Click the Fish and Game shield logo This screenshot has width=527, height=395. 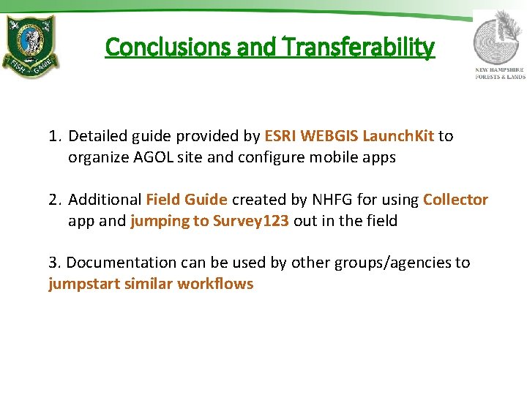click(x=31, y=46)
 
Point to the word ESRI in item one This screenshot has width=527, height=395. click(x=280, y=136)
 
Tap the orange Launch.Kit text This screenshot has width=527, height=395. click(x=397, y=136)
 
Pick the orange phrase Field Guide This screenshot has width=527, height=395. click(x=187, y=200)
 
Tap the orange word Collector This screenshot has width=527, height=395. click(x=455, y=200)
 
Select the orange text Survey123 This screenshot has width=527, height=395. click(x=251, y=221)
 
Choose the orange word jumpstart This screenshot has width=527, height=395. click(x=81, y=284)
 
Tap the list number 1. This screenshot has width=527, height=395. click(x=53, y=136)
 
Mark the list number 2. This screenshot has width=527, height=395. click(x=53, y=200)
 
